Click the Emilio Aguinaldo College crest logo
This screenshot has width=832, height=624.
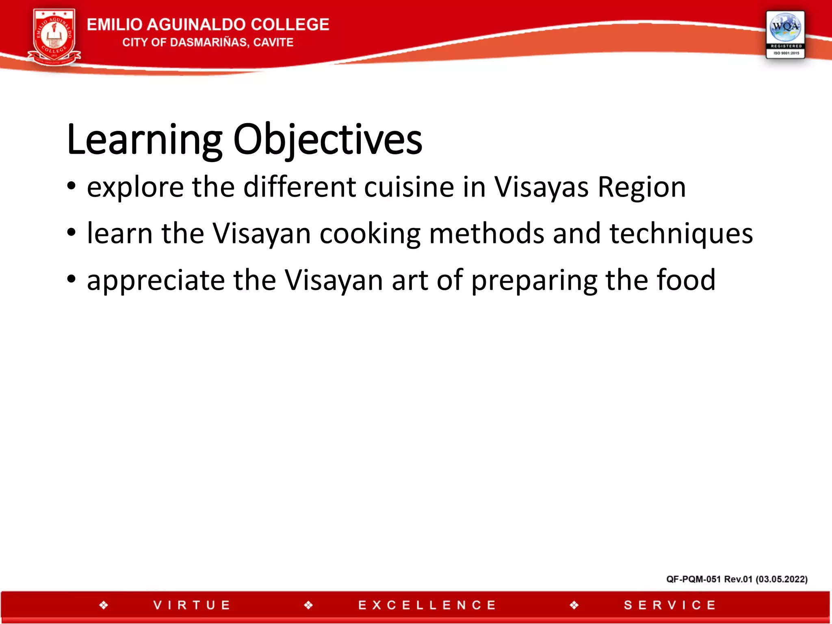tap(54, 37)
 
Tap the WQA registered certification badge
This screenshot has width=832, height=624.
tap(785, 35)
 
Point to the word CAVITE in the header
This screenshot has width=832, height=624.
tap(273, 42)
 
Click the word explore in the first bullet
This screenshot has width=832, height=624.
tap(135, 188)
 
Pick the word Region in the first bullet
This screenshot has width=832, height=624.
tap(642, 188)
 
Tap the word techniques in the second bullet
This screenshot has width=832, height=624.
tap(681, 234)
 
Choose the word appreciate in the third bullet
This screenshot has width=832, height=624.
tap(156, 281)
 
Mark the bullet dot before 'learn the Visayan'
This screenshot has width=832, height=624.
tap(71, 233)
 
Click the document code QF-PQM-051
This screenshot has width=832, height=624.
tap(693, 579)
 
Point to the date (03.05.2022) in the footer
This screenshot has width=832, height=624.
tap(781, 579)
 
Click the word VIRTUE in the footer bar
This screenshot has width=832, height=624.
tap(192, 605)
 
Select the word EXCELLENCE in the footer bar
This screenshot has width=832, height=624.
tap(427, 605)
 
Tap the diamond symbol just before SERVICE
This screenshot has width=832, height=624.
tap(574, 605)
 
